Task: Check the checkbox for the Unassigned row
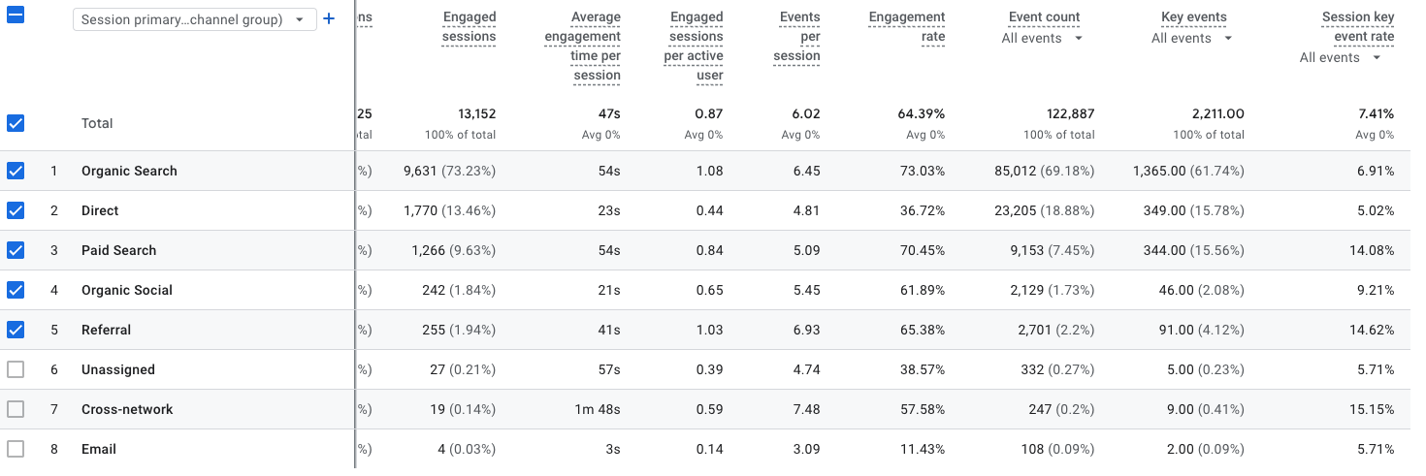16,369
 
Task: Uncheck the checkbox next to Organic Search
16,171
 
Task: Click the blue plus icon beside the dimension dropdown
329,18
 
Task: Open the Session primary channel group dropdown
194,19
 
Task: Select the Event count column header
1044,16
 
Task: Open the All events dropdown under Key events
1191,38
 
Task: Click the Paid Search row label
118,250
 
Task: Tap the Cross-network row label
127,409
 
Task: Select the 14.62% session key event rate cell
1370,330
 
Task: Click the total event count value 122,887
1063,113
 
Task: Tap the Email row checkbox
16,449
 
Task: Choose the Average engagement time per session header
596,46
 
